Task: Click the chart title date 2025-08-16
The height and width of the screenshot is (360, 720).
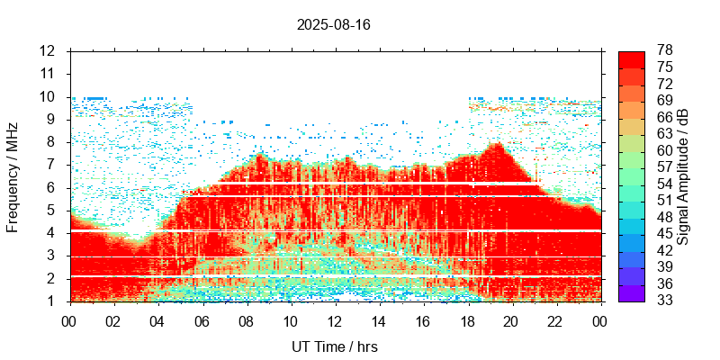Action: [333, 24]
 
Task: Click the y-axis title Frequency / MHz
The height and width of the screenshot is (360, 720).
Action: [13, 176]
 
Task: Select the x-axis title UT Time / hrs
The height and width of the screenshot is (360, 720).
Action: [334, 346]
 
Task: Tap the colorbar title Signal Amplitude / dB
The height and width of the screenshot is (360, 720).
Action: [684, 176]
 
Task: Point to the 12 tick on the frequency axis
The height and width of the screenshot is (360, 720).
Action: [48, 50]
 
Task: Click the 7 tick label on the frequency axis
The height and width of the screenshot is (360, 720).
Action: [52, 165]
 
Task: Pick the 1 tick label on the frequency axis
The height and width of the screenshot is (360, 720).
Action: [52, 301]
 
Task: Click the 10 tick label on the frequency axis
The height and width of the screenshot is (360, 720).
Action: [48, 96]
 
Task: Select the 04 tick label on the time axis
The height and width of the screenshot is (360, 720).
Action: [157, 321]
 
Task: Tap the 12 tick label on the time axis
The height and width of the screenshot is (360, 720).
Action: [335, 321]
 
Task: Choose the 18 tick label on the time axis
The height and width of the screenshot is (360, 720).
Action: [467, 321]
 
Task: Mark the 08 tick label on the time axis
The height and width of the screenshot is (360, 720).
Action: [246, 321]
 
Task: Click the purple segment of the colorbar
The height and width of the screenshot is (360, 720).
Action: [631, 292]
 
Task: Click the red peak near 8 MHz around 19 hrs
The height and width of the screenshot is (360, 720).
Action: [495, 145]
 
